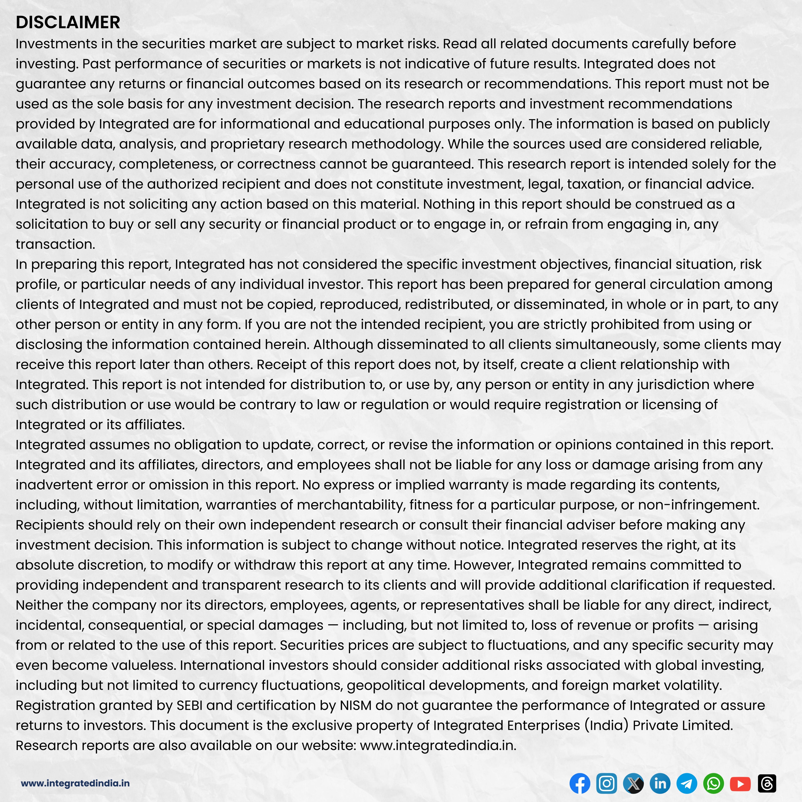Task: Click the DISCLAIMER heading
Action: click(x=68, y=22)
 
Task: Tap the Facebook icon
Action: click(x=580, y=783)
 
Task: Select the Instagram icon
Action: click(x=606, y=783)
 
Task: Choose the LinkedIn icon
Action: click(x=660, y=783)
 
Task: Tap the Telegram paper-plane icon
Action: click(x=687, y=783)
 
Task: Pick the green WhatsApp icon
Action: click(x=713, y=783)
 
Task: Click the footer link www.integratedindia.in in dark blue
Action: click(x=75, y=783)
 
